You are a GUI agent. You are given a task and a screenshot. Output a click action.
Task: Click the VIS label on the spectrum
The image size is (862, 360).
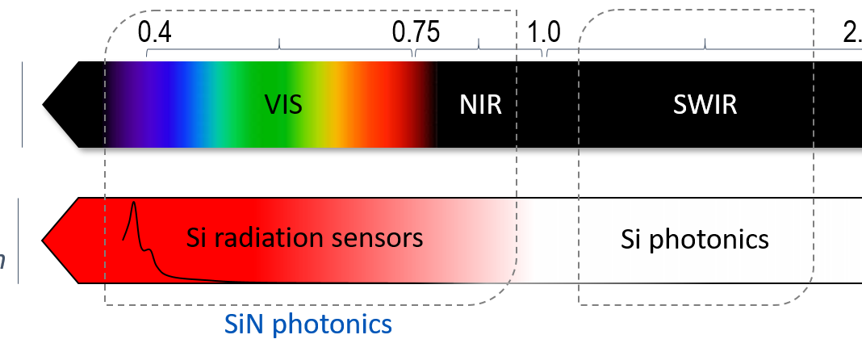(x=283, y=104)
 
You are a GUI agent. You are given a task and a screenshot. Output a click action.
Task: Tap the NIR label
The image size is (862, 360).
(x=480, y=105)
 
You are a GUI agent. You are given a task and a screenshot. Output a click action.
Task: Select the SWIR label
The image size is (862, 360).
(x=705, y=105)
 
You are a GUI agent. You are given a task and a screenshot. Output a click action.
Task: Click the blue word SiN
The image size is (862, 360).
(x=244, y=325)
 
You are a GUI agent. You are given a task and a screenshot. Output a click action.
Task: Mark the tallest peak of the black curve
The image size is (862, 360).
(x=134, y=204)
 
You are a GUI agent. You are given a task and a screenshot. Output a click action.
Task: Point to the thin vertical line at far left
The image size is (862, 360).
(x=22, y=105)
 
